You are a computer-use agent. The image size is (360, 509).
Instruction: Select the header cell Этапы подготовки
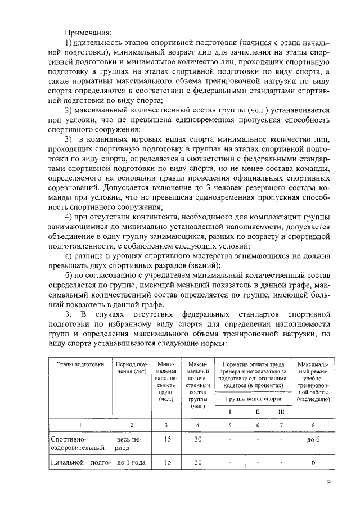(x=80, y=365)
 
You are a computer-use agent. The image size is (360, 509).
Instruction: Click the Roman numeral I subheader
(x=230, y=411)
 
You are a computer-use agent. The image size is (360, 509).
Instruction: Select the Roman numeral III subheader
(x=281, y=411)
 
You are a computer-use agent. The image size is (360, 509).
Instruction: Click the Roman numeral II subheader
(x=257, y=411)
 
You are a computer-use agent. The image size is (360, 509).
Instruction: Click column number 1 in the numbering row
(x=80, y=425)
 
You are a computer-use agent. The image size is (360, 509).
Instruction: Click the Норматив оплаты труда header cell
(x=253, y=375)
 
